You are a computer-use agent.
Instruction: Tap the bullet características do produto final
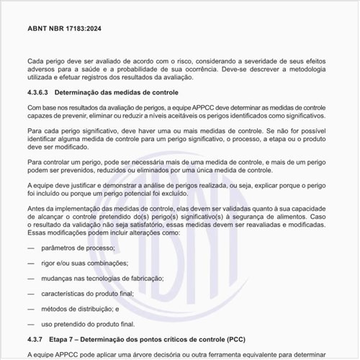point(99,294)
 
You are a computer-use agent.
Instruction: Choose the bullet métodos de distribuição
point(84,309)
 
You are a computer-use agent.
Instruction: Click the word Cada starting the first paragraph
point(35,62)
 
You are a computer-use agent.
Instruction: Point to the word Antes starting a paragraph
point(36,207)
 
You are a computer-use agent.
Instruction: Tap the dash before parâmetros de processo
point(31,248)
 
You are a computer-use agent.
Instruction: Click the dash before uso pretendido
point(31,324)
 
